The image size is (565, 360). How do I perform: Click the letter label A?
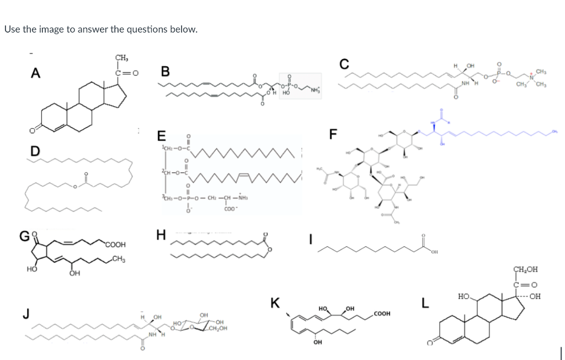(x=35, y=72)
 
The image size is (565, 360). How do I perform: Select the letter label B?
(x=165, y=72)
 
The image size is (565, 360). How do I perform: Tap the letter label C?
(x=344, y=64)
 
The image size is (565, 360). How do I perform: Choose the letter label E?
(x=161, y=136)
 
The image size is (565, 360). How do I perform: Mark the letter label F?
(x=333, y=134)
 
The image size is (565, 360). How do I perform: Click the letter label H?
(x=161, y=235)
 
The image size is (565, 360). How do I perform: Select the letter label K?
(x=275, y=303)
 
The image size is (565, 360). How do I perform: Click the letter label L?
(x=424, y=303)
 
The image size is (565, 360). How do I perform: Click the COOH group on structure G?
(x=115, y=243)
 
